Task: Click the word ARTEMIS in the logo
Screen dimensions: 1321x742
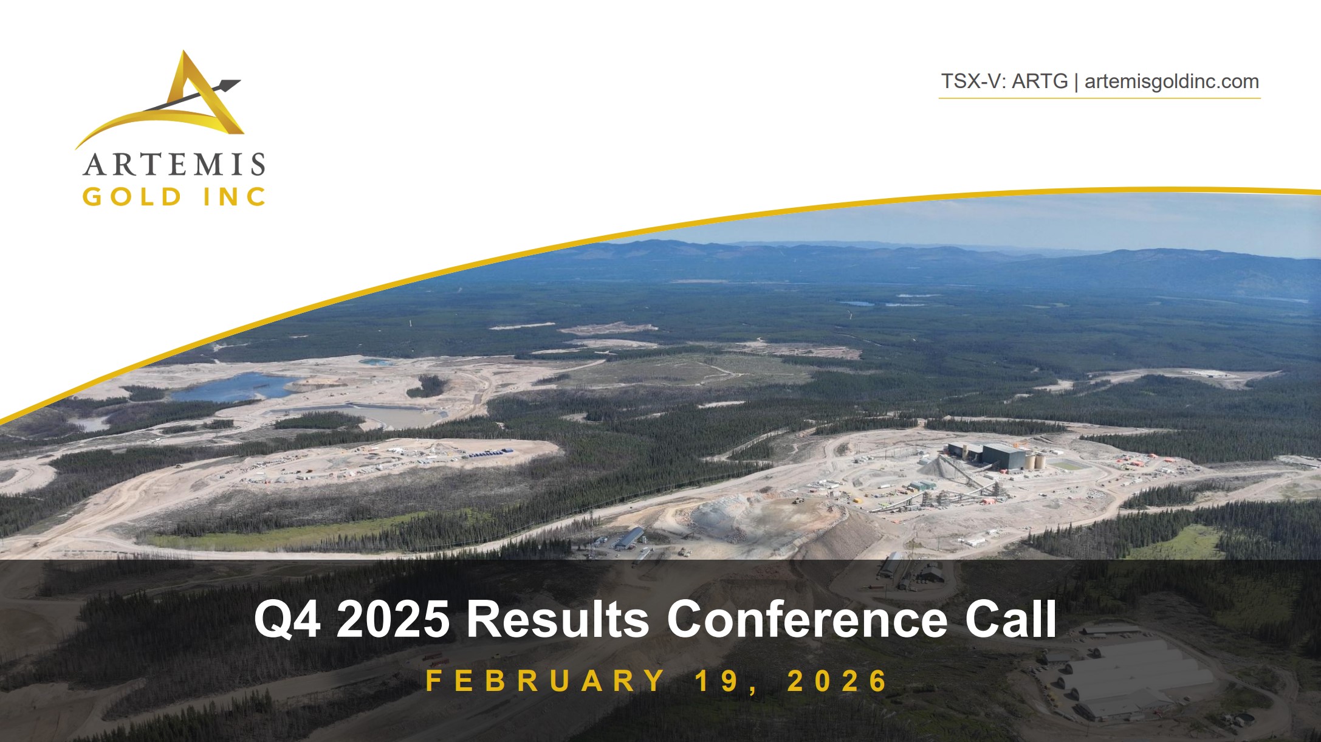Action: [x=174, y=164]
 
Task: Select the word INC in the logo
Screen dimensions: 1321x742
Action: [x=235, y=197]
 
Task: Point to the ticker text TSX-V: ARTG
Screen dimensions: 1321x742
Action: [x=1004, y=81]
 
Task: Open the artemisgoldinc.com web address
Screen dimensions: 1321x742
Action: [x=1172, y=81]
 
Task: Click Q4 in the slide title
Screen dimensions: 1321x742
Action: [x=287, y=619]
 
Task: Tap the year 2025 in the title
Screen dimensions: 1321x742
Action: [x=393, y=619]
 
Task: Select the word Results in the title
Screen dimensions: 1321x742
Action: [x=557, y=619]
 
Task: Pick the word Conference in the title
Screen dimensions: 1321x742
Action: [x=807, y=619]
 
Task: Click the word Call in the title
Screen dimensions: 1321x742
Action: [x=1010, y=619]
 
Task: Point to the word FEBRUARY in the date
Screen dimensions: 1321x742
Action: [x=545, y=681]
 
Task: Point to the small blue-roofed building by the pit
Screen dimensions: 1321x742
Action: [x=630, y=537]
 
